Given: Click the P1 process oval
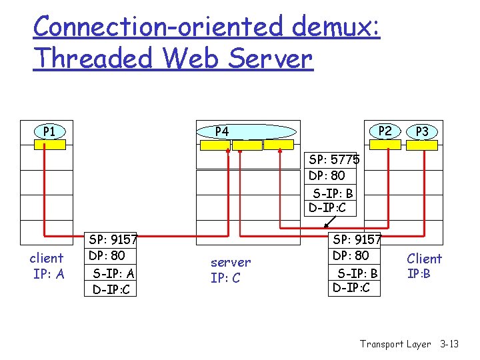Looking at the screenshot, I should [49, 131].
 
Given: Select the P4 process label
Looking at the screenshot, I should [222, 132].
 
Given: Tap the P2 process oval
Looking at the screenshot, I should [385, 131].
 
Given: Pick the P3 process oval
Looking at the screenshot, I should [422, 132].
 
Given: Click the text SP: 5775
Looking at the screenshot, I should [334, 160].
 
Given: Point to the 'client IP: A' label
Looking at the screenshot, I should [47, 265].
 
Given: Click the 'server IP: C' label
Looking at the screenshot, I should [231, 270].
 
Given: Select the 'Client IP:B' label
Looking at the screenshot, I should [424, 265].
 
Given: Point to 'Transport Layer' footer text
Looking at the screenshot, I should [395, 344].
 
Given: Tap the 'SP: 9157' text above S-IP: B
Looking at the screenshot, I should [357, 239].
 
